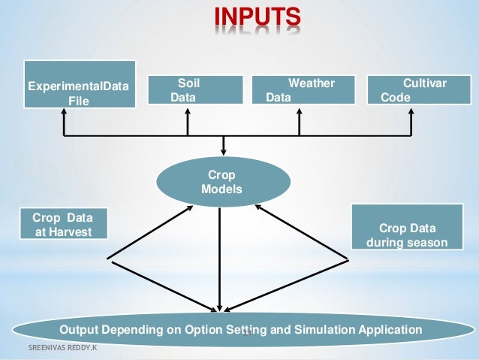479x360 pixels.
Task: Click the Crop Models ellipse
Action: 221,182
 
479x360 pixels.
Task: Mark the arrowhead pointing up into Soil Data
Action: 187,110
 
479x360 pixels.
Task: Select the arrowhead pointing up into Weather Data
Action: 300,110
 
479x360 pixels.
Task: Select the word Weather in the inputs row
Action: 312,83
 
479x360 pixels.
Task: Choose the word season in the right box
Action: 428,243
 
